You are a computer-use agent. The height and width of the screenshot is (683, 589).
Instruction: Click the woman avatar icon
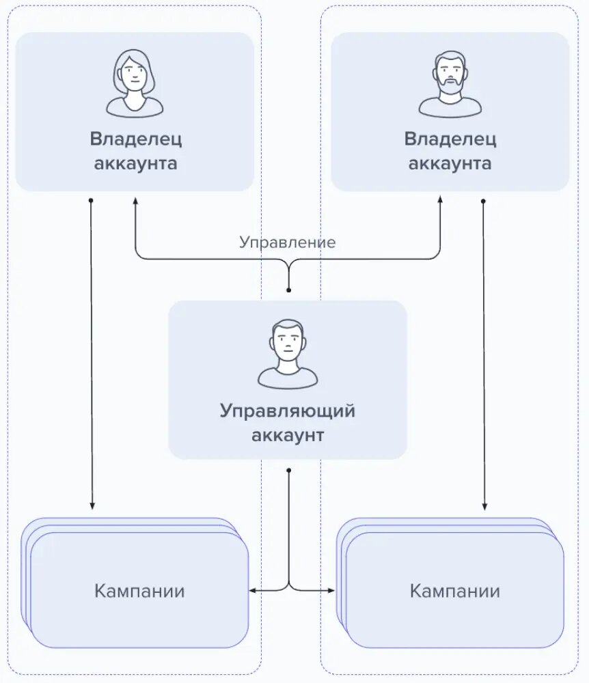pyautogui.click(x=135, y=83)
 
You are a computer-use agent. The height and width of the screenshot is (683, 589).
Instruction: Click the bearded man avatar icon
pyautogui.click(x=450, y=83)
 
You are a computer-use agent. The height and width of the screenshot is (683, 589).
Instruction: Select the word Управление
pyautogui.click(x=287, y=242)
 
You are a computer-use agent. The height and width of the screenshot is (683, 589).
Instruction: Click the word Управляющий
pyautogui.click(x=288, y=412)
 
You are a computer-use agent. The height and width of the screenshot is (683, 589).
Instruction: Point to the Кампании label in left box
pyautogui.click(x=139, y=591)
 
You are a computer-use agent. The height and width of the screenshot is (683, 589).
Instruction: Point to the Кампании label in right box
pyautogui.click(x=455, y=591)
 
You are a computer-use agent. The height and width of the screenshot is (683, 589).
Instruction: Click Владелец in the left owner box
pyautogui.click(x=135, y=139)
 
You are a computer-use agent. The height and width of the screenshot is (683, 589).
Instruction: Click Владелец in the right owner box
pyautogui.click(x=450, y=139)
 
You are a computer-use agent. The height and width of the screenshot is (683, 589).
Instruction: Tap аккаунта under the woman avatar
pyautogui.click(x=135, y=164)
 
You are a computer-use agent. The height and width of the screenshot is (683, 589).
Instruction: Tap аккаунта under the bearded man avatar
pyautogui.click(x=450, y=164)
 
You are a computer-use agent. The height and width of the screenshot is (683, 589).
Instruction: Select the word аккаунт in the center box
pyautogui.click(x=288, y=436)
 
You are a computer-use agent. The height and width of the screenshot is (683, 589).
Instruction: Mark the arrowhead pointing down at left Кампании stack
pyautogui.click(x=92, y=506)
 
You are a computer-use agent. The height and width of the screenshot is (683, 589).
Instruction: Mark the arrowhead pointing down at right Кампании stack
pyautogui.click(x=484, y=506)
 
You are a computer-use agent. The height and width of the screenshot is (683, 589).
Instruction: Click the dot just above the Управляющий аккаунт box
pyautogui.click(x=288, y=290)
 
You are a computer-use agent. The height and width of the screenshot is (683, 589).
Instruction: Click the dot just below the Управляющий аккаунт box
pyautogui.click(x=289, y=471)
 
